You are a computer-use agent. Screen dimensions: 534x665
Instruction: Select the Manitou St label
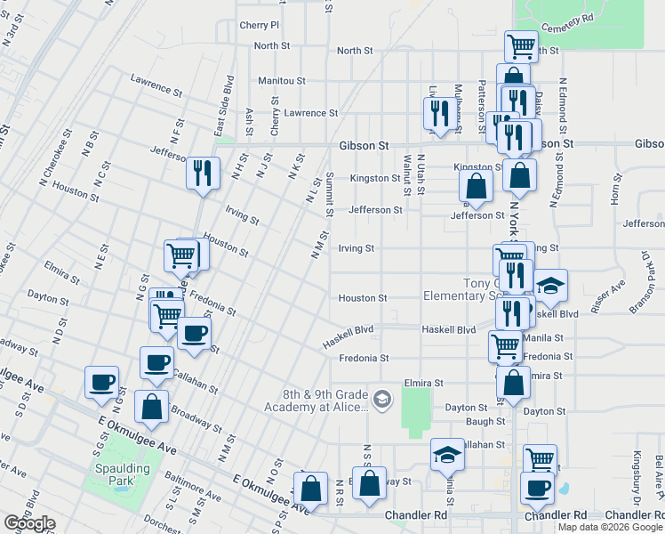click(x=282, y=80)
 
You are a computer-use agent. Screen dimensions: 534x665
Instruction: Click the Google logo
click(x=29, y=523)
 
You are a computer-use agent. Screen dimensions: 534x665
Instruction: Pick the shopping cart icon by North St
click(x=520, y=44)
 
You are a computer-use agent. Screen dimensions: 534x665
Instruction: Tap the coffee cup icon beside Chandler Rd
click(x=536, y=488)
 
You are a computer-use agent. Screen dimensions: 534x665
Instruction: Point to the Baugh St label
click(x=485, y=421)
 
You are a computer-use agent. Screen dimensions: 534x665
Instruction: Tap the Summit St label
click(x=329, y=194)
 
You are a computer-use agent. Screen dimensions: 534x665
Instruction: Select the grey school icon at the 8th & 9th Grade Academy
click(x=382, y=398)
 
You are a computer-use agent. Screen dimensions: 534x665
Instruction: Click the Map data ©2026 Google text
click(x=610, y=527)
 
